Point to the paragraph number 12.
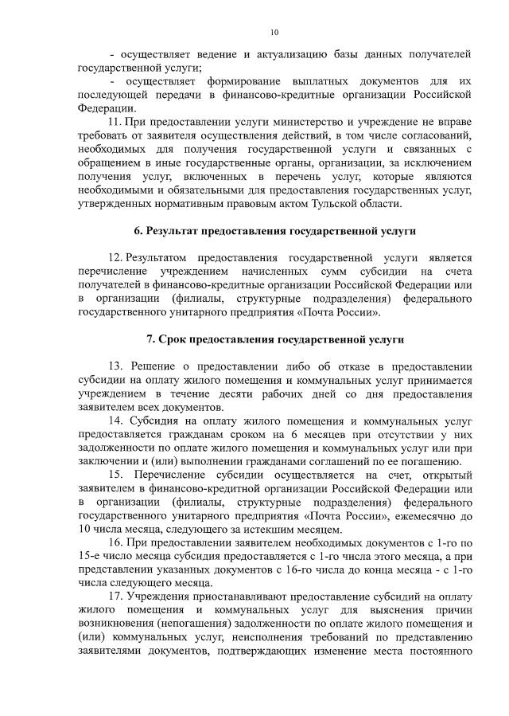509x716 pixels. point(115,258)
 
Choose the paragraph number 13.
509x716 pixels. point(116,366)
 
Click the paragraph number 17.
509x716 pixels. point(115,597)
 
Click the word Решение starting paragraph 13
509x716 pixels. point(160,366)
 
